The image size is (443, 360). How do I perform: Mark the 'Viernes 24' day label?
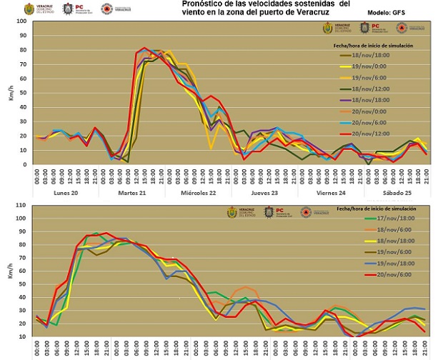click(330, 193)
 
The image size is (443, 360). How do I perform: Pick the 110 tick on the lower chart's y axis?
click(19, 206)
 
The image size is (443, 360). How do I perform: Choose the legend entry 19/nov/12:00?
click(372, 88)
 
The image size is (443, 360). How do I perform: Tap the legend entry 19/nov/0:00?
click(372, 66)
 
